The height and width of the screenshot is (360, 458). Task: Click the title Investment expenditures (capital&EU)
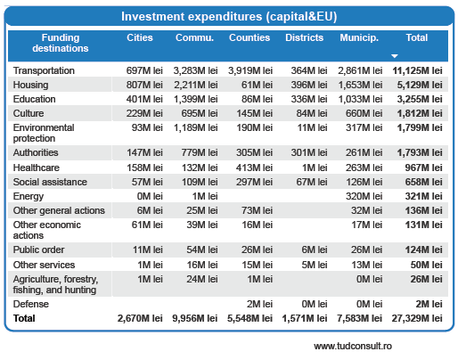pos(229,17)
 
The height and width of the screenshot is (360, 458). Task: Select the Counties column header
pos(249,37)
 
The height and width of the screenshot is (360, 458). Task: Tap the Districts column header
pos(304,37)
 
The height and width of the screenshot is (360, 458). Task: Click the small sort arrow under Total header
pos(394,56)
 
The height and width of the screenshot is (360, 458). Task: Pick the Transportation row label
pos(44,70)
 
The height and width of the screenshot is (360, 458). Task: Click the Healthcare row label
pos(37,168)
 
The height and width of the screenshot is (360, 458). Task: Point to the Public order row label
pos(38,250)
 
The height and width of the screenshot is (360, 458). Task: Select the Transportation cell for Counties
pos(250,70)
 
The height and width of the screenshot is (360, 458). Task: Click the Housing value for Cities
pos(144,85)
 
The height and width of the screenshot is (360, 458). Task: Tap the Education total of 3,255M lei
pos(420,99)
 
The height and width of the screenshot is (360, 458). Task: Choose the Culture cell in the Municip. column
pos(364,113)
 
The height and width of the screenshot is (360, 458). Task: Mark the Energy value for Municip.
pos(364,196)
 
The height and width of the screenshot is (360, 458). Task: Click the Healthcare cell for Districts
pos(315,168)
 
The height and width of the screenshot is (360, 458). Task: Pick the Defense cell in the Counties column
pos(259,304)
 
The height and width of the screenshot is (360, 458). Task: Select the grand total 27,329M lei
pos(417,318)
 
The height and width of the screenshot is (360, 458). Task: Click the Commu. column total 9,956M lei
pos(195,318)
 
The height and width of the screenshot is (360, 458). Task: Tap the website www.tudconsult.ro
pos(353,346)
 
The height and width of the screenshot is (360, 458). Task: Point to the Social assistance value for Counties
pos(254,182)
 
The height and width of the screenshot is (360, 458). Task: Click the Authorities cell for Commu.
pos(200,152)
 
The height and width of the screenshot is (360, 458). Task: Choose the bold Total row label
pos(24,318)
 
